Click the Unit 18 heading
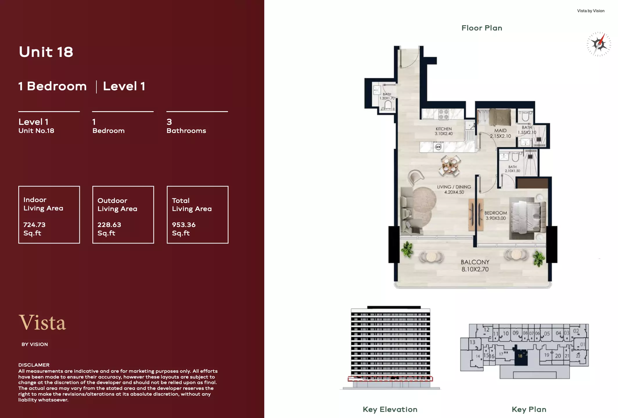point(46,52)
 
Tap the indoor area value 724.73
point(34,225)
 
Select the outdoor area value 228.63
point(109,225)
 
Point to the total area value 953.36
point(184,225)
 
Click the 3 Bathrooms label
point(186,126)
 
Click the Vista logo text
point(42,322)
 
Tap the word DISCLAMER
point(34,365)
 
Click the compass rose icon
point(599,44)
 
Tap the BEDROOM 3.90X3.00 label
point(495,215)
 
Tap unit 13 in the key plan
point(473,342)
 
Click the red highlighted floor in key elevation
point(390,379)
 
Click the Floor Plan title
point(482,28)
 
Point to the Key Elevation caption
point(390,409)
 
